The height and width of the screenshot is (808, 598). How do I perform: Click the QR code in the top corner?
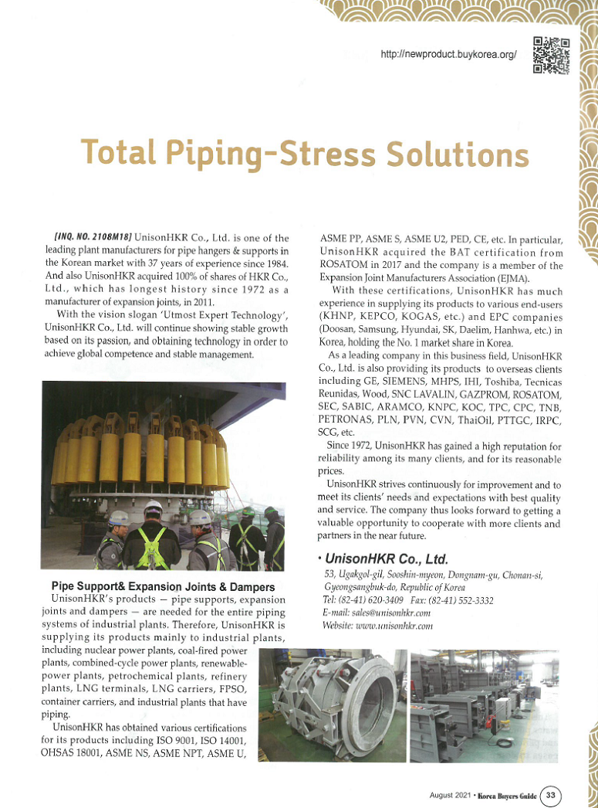click(551, 55)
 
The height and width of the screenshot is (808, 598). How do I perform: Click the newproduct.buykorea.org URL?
click(448, 55)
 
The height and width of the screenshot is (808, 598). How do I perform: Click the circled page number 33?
click(550, 794)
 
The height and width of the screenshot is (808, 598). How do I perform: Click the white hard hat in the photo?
click(153, 507)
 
